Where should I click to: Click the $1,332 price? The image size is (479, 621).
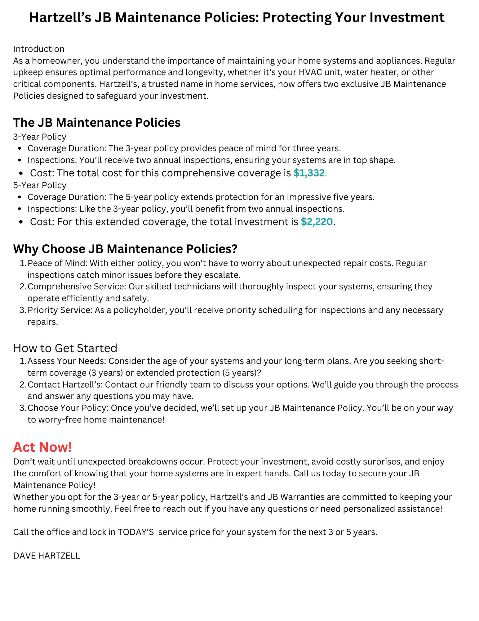[x=309, y=173]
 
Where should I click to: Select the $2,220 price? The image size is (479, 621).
[x=317, y=222]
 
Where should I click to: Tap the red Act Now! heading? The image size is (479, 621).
[x=42, y=447]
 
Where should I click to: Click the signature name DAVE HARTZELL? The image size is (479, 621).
[x=47, y=555]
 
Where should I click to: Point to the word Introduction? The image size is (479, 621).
[x=39, y=49]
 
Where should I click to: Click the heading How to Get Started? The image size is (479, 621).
[x=65, y=348]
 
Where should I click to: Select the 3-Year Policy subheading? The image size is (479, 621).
[x=40, y=137]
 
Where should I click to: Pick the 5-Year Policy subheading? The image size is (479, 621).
[x=40, y=185]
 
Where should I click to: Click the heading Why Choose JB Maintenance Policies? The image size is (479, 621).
[x=125, y=249]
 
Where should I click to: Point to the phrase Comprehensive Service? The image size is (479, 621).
[x=76, y=286]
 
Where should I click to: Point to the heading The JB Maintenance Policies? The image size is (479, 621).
[x=97, y=122]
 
